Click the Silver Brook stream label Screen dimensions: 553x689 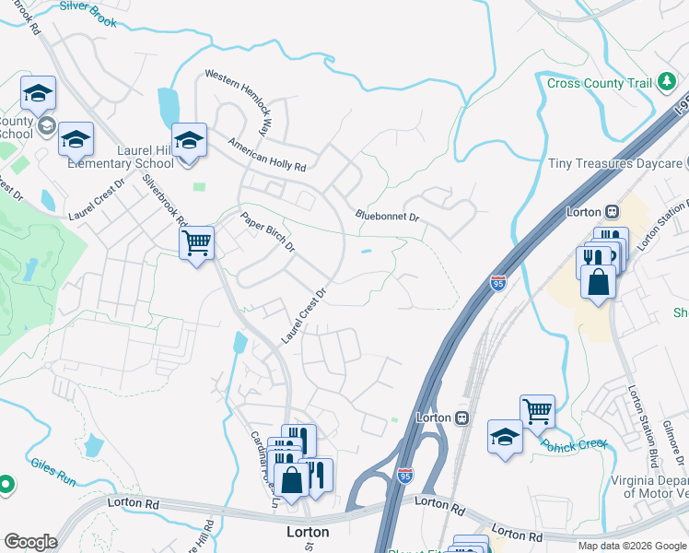point(88,13)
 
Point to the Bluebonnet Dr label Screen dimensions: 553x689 point(388,217)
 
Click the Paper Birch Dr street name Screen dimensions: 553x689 point(267,233)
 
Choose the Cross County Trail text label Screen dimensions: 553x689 point(599,83)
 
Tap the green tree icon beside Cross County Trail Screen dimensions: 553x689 point(666,83)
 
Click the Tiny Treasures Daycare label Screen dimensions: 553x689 point(615,163)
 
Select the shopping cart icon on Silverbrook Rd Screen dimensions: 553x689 point(196,243)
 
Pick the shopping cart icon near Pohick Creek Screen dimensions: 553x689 point(537,411)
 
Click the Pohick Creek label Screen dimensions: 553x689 point(575,445)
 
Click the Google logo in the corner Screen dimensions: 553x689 point(30,542)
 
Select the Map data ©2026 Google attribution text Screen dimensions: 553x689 point(631,546)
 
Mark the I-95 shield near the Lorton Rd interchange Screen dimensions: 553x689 point(405,475)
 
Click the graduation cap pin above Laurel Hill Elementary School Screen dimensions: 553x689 point(189,141)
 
